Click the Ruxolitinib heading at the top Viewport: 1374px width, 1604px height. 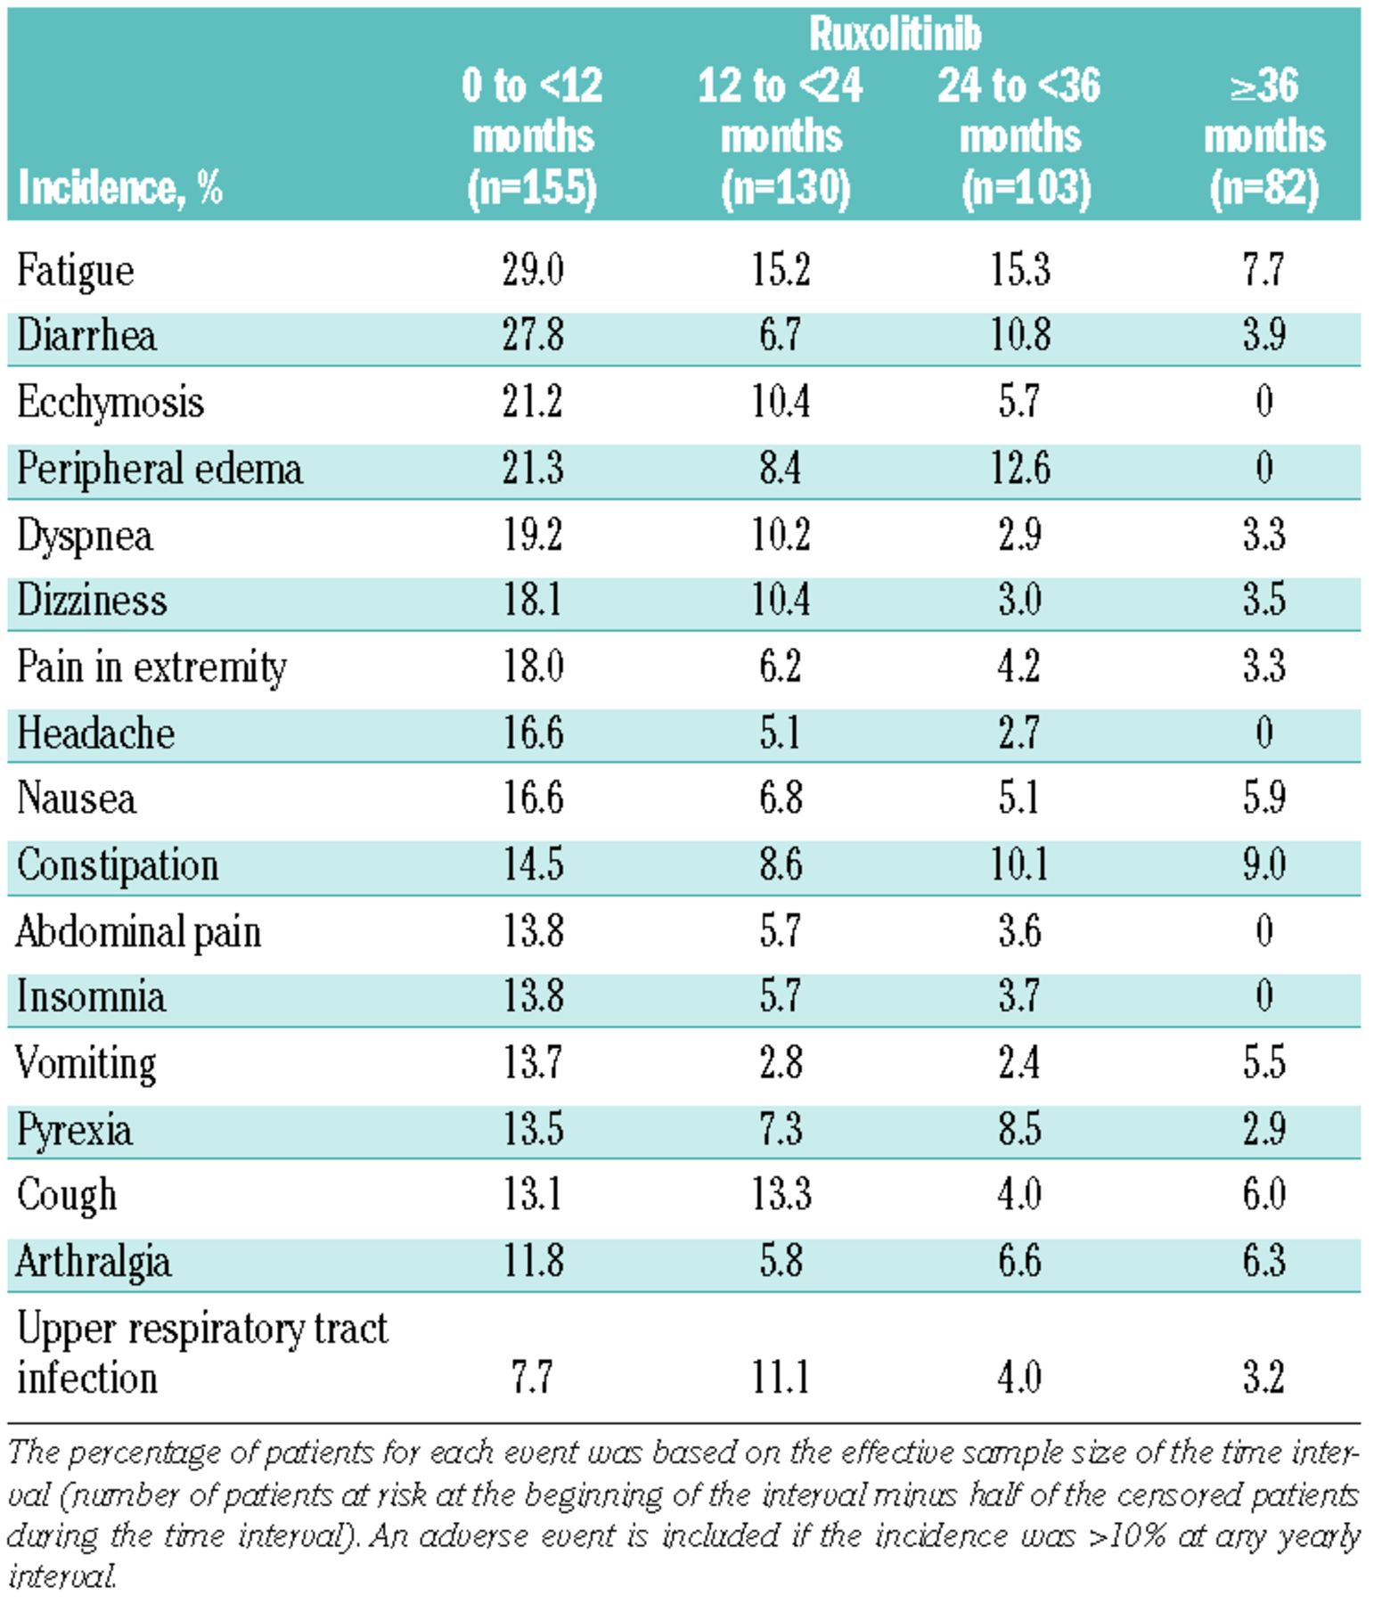point(894,34)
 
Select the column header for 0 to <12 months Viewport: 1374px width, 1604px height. point(532,135)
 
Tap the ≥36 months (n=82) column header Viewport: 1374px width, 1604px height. point(1264,135)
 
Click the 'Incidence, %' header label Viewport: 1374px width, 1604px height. point(119,187)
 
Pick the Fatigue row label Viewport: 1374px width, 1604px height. point(75,270)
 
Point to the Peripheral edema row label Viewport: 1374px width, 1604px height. point(159,469)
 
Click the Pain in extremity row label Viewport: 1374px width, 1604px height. point(151,667)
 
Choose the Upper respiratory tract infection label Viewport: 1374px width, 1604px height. point(201,1353)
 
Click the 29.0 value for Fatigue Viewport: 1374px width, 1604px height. point(532,269)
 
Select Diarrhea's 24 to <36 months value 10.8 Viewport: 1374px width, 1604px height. point(1020,335)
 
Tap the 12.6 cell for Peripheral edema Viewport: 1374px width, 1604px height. point(1020,468)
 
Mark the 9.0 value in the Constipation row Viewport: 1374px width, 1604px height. point(1264,864)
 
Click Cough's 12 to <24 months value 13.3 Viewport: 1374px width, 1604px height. point(781,1194)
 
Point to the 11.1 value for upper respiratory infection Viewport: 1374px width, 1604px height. point(781,1377)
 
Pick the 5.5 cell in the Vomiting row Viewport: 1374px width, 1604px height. point(1264,1062)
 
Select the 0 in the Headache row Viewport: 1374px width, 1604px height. point(1264,732)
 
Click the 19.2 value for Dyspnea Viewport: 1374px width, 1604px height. point(532,535)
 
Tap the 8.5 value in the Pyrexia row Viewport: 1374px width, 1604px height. point(1020,1128)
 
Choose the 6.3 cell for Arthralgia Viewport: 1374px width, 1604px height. point(1264,1261)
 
